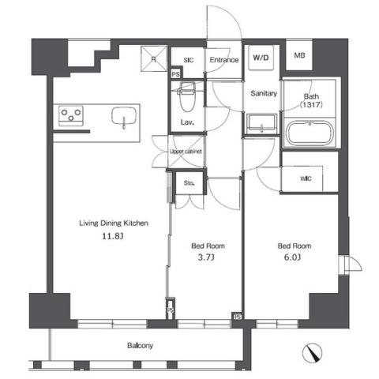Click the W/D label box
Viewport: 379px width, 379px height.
click(260, 57)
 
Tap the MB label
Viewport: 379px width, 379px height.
click(299, 55)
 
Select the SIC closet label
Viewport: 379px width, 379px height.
click(189, 59)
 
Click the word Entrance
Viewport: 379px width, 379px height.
click(224, 59)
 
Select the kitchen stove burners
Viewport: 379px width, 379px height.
click(72, 115)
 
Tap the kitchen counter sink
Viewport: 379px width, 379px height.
click(126, 117)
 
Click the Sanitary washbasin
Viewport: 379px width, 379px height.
click(261, 125)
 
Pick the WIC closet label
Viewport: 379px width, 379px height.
click(306, 178)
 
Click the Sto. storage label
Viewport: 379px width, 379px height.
click(189, 183)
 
